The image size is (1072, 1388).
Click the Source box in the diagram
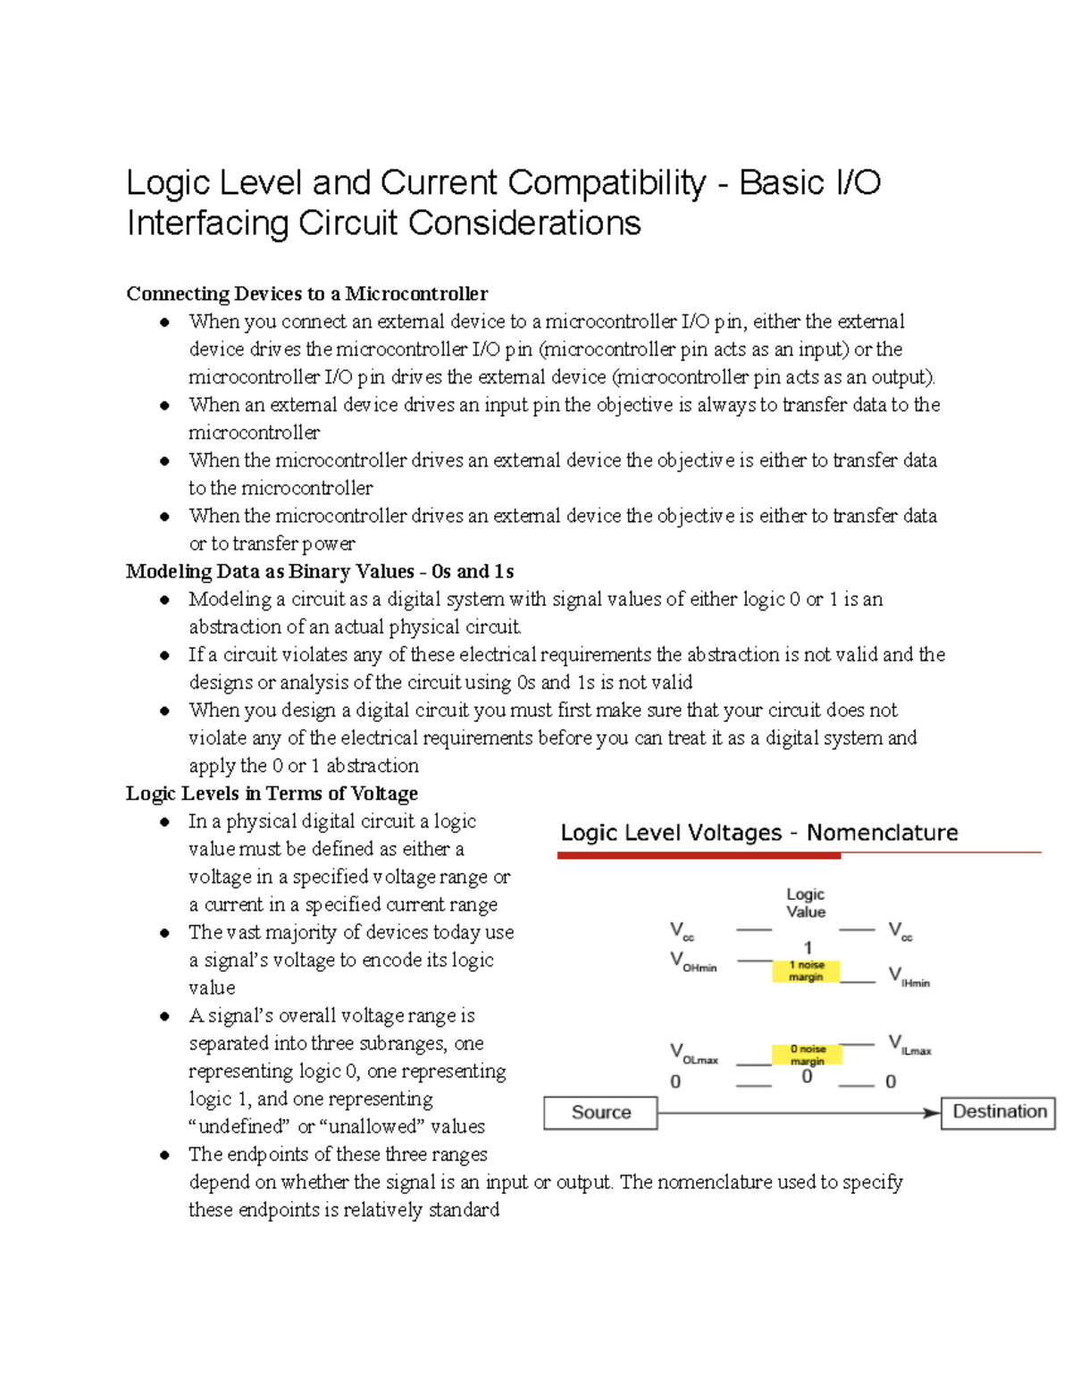pyautogui.click(x=600, y=1113)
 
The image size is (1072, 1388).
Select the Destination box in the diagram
pyautogui.click(x=999, y=1112)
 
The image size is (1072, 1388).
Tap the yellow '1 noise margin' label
pyautogui.click(x=806, y=972)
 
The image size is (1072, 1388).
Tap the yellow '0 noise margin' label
pyautogui.click(x=808, y=1055)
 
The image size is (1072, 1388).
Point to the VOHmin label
pyautogui.click(x=693, y=962)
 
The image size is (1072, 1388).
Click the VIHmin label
pyautogui.click(x=909, y=977)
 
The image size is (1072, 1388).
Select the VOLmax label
pyautogui.click(x=694, y=1054)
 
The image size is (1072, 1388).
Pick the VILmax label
pyautogui.click(x=909, y=1045)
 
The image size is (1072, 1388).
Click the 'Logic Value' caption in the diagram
pyautogui.click(x=805, y=903)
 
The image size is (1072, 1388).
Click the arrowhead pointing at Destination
pyautogui.click(x=932, y=1113)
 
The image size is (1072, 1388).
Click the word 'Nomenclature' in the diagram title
pyautogui.click(x=882, y=833)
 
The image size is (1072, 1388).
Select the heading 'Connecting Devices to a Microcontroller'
pyautogui.click(x=306, y=294)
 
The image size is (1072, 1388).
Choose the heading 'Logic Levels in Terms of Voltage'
pyautogui.click(x=272, y=794)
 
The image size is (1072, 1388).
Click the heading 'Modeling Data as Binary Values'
pyautogui.click(x=319, y=571)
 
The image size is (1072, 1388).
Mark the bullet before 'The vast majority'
pyautogui.click(x=164, y=933)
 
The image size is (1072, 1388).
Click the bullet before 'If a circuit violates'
pyautogui.click(x=164, y=655)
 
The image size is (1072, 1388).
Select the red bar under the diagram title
pyautogui.click(x=699, y=855)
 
